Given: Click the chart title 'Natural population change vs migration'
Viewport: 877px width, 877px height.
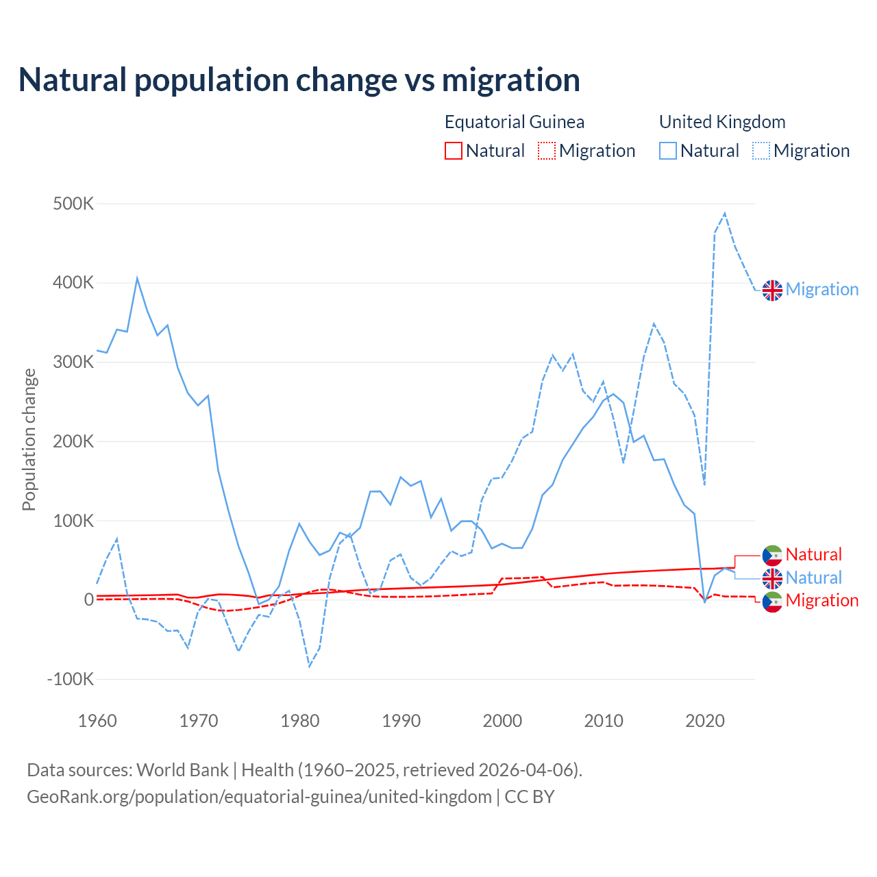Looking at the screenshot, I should (x=299, y=80).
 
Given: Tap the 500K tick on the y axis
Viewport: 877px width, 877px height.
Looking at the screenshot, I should (x=73, y=204).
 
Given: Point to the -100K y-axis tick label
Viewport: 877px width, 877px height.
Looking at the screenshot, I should (x=71, y=680).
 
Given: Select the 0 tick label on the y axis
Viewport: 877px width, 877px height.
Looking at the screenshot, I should (x=88, y=600).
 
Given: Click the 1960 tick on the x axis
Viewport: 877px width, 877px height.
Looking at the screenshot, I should (x=97, y=721).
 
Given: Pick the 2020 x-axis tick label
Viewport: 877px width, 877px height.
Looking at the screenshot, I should (x=704, y=721).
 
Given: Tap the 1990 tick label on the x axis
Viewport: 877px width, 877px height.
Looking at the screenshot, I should (x=401, y=721).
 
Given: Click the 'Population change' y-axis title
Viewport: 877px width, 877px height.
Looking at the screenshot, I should (x=29, y=440).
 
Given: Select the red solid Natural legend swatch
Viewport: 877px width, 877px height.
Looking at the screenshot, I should (x=454, y=151).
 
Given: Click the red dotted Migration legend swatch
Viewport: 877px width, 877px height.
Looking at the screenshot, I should (x=547, y=151).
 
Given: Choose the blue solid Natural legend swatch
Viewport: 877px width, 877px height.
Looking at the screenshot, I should (x=668, y=151).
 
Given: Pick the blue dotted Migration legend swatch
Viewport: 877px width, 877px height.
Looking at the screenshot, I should (x=761, y=151).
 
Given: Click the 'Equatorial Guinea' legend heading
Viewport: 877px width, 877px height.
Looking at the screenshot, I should (x=515, y=122).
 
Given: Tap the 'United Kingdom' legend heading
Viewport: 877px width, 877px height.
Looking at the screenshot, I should (x=722, y=122).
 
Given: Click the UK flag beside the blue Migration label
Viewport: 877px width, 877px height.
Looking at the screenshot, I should (x=772, y=290).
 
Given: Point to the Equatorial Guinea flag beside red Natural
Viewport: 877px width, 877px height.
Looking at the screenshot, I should (x=772, y=555).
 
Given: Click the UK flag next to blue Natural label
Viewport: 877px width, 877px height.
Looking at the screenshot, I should (x=772, y=578).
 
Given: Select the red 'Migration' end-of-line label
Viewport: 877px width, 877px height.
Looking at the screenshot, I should (x=822, y=601).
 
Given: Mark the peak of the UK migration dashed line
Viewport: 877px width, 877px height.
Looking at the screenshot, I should (x=725, y=214).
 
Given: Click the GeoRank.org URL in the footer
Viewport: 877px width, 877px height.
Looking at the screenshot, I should (x=259, y=797).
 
